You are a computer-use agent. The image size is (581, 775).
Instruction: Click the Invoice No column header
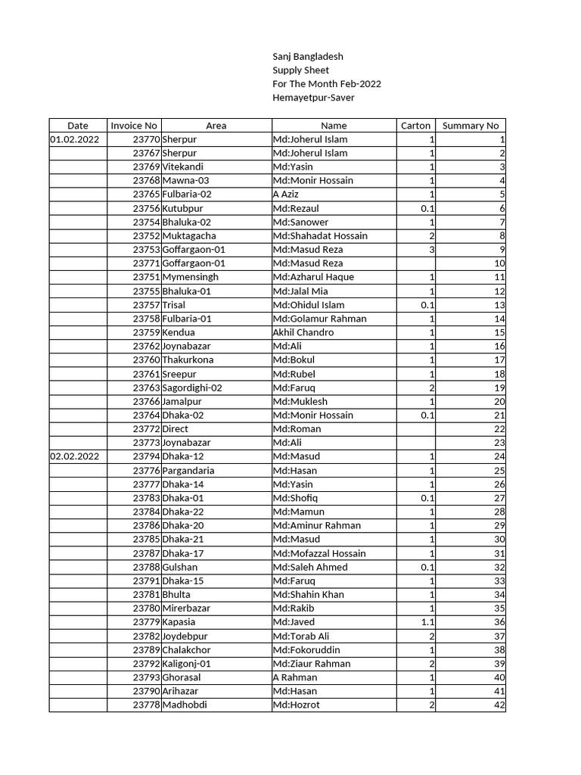point(134,126)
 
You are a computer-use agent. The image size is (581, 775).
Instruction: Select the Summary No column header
point(470,126)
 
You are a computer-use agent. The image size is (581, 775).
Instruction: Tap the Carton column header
point(415,126)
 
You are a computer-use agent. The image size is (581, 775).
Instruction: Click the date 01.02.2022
point(74,139)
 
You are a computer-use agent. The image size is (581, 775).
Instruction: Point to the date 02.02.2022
point(74,456)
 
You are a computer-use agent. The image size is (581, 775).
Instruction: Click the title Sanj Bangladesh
point(307,56)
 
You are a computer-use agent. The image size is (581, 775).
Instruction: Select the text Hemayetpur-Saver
point(312,98)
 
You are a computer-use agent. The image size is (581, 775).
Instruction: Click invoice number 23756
point(146,208)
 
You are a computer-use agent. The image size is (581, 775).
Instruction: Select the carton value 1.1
point(427,622)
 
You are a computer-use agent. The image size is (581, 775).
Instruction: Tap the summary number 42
point(499,705)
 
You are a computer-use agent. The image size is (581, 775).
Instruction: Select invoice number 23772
point(146,428)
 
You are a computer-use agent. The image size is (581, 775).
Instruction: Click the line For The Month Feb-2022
point(327,84)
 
